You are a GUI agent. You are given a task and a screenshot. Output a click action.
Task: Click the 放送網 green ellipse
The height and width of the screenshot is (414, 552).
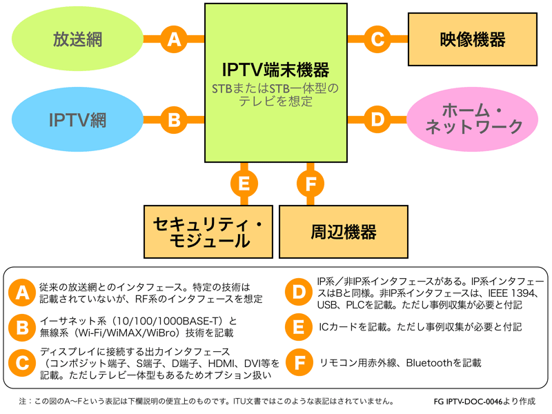(77, 39)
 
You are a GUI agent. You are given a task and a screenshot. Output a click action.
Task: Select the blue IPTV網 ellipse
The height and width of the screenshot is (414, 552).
(77, 119)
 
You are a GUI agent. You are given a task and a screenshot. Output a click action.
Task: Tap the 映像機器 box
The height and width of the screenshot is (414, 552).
(473, 39)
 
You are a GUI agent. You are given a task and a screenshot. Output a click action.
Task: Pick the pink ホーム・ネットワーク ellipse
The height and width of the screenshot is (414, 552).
(472, 119)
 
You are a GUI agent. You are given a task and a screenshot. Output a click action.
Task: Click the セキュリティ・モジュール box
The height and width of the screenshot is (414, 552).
(208, 232)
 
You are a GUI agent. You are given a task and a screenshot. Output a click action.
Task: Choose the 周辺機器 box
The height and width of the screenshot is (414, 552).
(343, 232)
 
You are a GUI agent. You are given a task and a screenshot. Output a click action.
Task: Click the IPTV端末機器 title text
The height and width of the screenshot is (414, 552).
(275, 70)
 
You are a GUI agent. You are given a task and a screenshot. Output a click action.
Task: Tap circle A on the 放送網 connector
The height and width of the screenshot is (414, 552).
(174, 39)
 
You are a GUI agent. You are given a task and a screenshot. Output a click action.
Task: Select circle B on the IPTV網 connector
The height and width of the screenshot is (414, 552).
(174, 119)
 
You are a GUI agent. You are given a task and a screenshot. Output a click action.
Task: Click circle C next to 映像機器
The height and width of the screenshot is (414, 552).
(377, 39)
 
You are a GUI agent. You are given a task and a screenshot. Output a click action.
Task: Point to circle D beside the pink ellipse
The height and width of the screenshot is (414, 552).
(377, 119)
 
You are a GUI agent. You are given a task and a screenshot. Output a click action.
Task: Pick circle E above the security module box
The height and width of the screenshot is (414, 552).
(244, 184)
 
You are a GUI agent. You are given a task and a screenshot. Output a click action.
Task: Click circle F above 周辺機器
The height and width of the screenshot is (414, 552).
(310, 184)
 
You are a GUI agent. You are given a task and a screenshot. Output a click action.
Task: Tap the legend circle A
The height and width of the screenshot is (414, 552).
(22, 293)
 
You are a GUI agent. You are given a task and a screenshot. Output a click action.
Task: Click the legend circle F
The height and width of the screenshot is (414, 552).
(299, 362)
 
